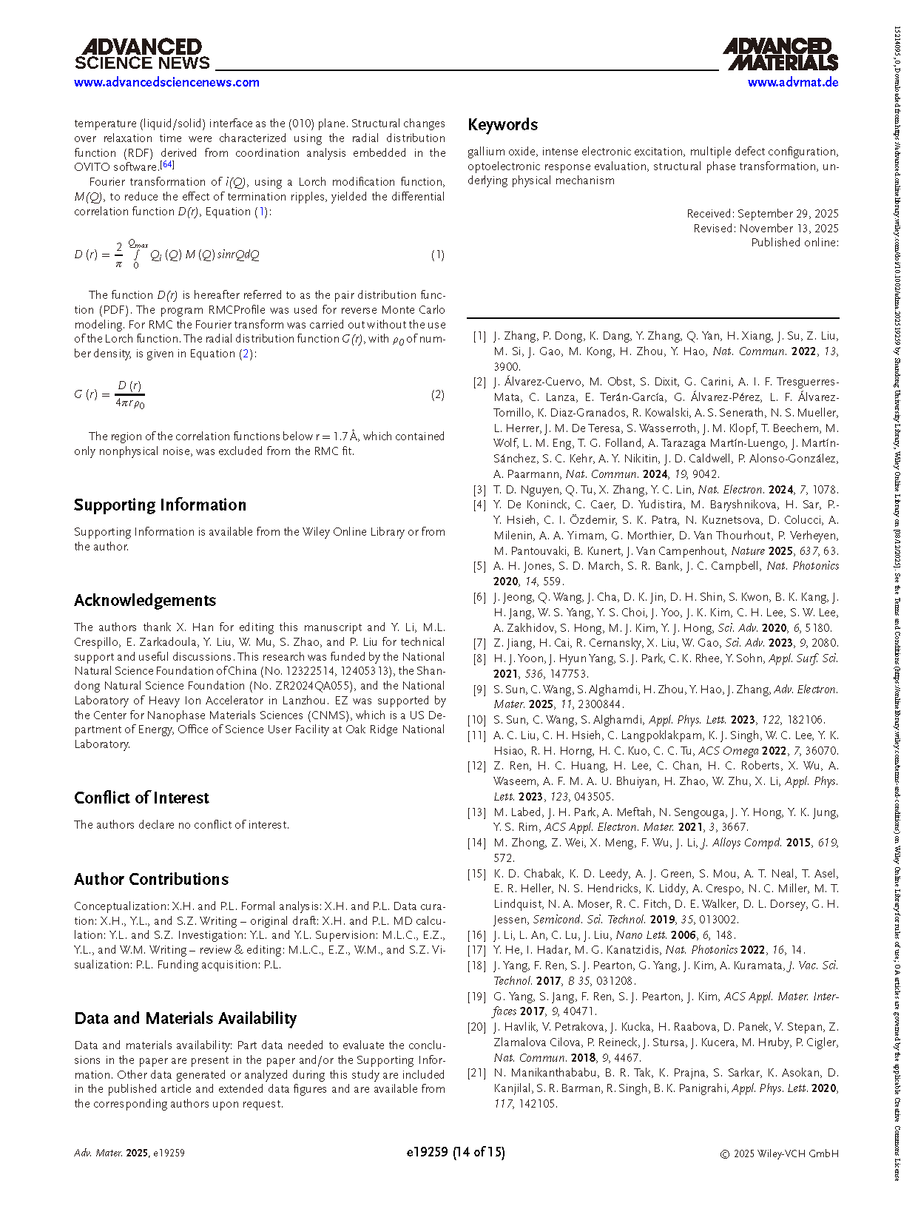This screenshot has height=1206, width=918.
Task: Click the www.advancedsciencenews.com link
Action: click(166, 82)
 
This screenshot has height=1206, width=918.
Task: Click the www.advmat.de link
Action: click(792, 82)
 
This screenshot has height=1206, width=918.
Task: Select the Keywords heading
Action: click(502, 125)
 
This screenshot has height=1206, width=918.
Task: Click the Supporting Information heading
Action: click(160, 505)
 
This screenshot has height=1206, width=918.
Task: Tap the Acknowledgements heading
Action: click(145, 601)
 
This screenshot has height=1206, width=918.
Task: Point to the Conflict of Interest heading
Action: click(141, 798)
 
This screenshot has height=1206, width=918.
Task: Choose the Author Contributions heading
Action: click(151, 879)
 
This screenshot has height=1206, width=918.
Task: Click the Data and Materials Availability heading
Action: click(185, 1019)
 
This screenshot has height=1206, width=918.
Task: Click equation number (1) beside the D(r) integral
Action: click(438, 255)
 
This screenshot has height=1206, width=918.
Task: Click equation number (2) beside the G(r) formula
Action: click(438, 394)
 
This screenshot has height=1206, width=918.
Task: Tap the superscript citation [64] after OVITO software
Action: click(167, 164)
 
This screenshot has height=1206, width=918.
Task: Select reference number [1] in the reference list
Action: click(479, 336)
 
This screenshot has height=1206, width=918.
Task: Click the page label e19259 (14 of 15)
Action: click(456, 1152)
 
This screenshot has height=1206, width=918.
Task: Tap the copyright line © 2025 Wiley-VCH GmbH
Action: click(779, 1153)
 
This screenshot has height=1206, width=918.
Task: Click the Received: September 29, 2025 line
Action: click(763, 214)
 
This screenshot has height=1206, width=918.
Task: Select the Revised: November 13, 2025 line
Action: click(766, 229)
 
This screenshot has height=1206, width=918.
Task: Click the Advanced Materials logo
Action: click(780, 55)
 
